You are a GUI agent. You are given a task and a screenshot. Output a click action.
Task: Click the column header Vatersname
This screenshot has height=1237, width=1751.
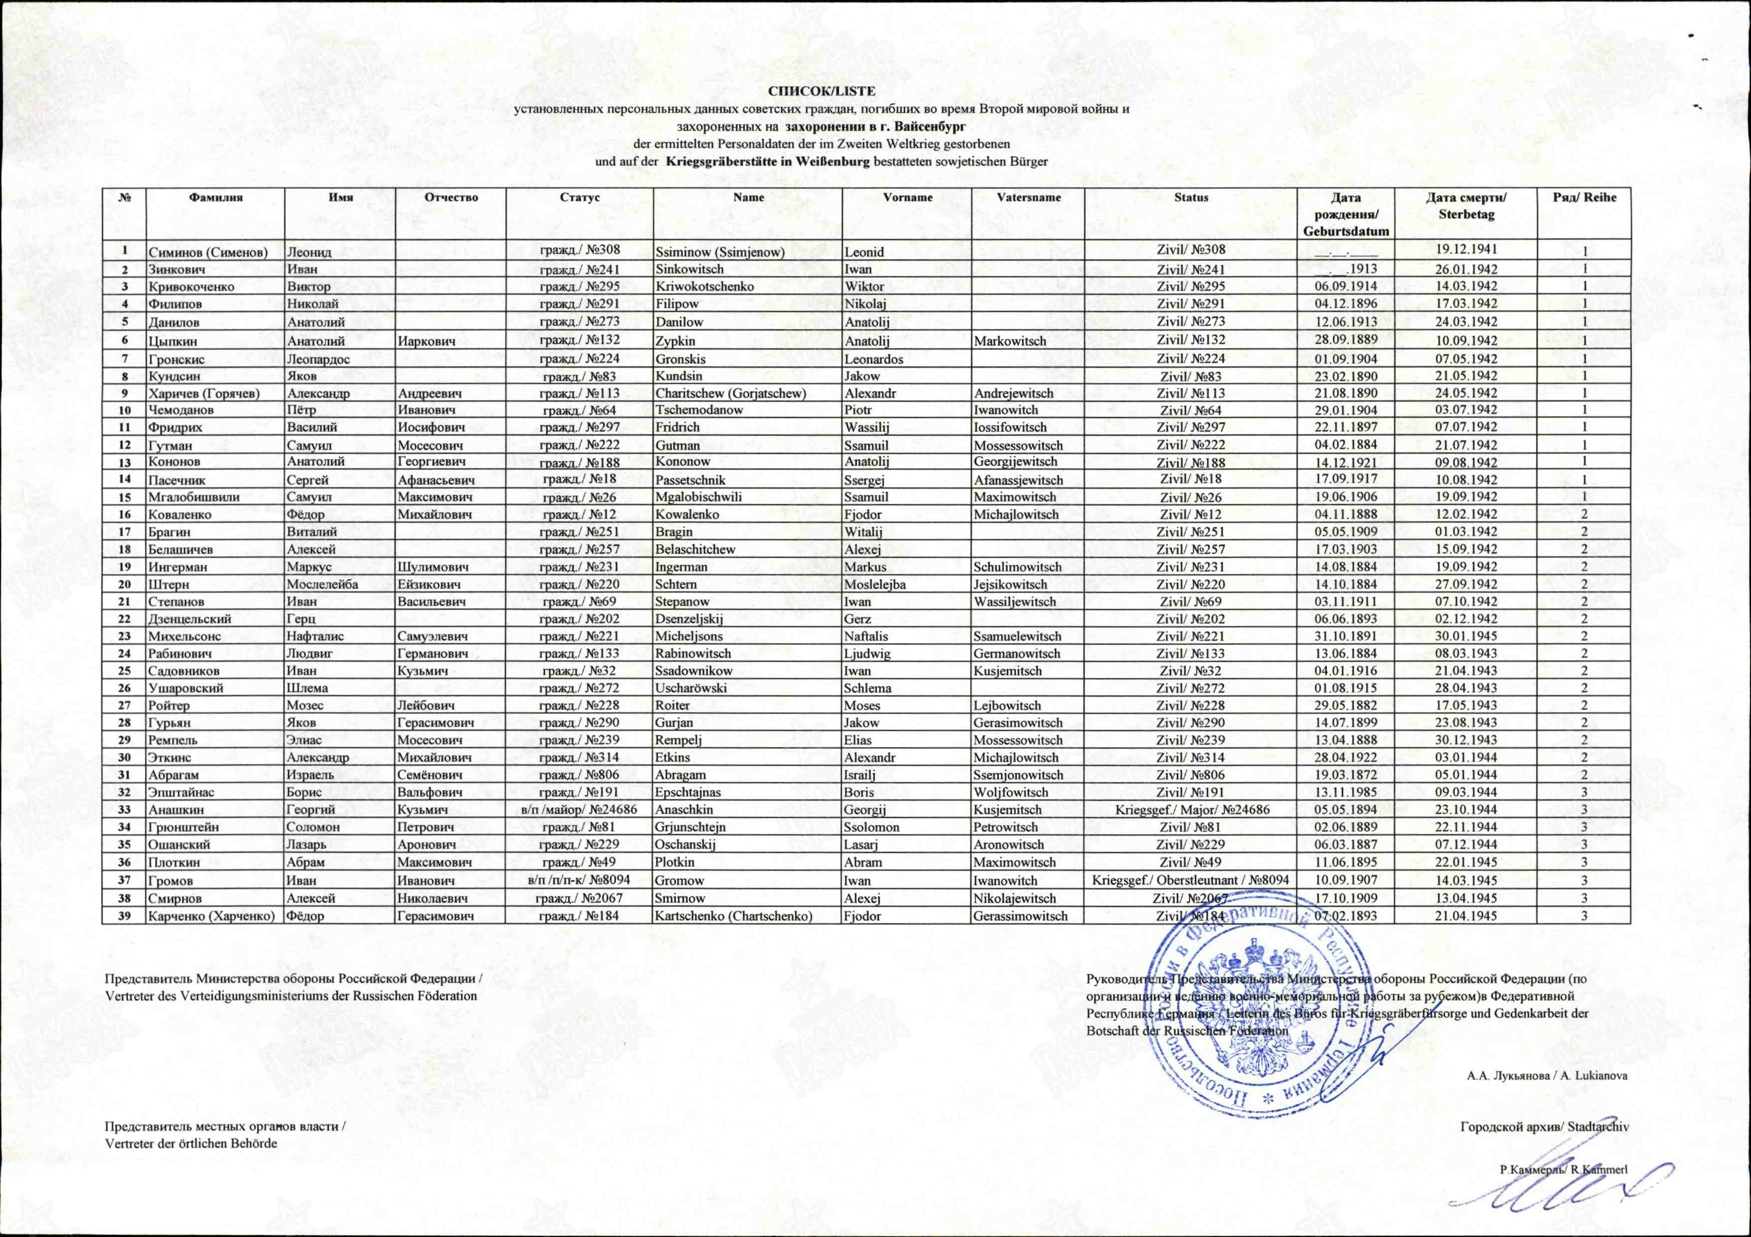[x=1028, y=197]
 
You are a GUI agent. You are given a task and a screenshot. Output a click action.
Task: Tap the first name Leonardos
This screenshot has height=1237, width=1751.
[x=874, y=359]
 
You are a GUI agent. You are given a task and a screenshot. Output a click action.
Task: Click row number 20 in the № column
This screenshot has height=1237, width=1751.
[x=124, y=584]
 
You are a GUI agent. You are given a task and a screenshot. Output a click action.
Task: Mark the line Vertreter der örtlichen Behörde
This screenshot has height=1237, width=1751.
[x=191, y=1144]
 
